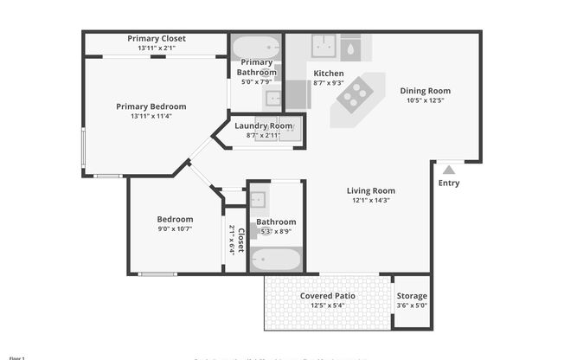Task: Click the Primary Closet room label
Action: pos(156,38)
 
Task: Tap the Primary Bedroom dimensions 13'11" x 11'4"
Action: pos(151,116)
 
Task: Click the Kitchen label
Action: pos(329,73)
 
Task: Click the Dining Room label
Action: pos(425,90)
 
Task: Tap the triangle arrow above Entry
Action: pos(449,170)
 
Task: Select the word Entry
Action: pos(449,183)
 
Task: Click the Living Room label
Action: pos(370,190)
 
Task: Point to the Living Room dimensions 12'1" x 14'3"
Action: pos(370,200)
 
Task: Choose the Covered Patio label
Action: pos(327,295)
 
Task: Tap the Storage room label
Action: pos(412,296)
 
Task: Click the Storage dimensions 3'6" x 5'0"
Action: pos(412,305)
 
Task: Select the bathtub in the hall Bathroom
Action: pos(276,259)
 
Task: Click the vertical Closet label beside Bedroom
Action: pos(241,239)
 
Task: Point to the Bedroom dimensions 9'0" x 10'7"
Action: pos(175,228)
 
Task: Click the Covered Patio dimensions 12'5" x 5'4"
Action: pos(327,305)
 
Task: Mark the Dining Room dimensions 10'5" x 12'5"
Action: pos(425,100)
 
